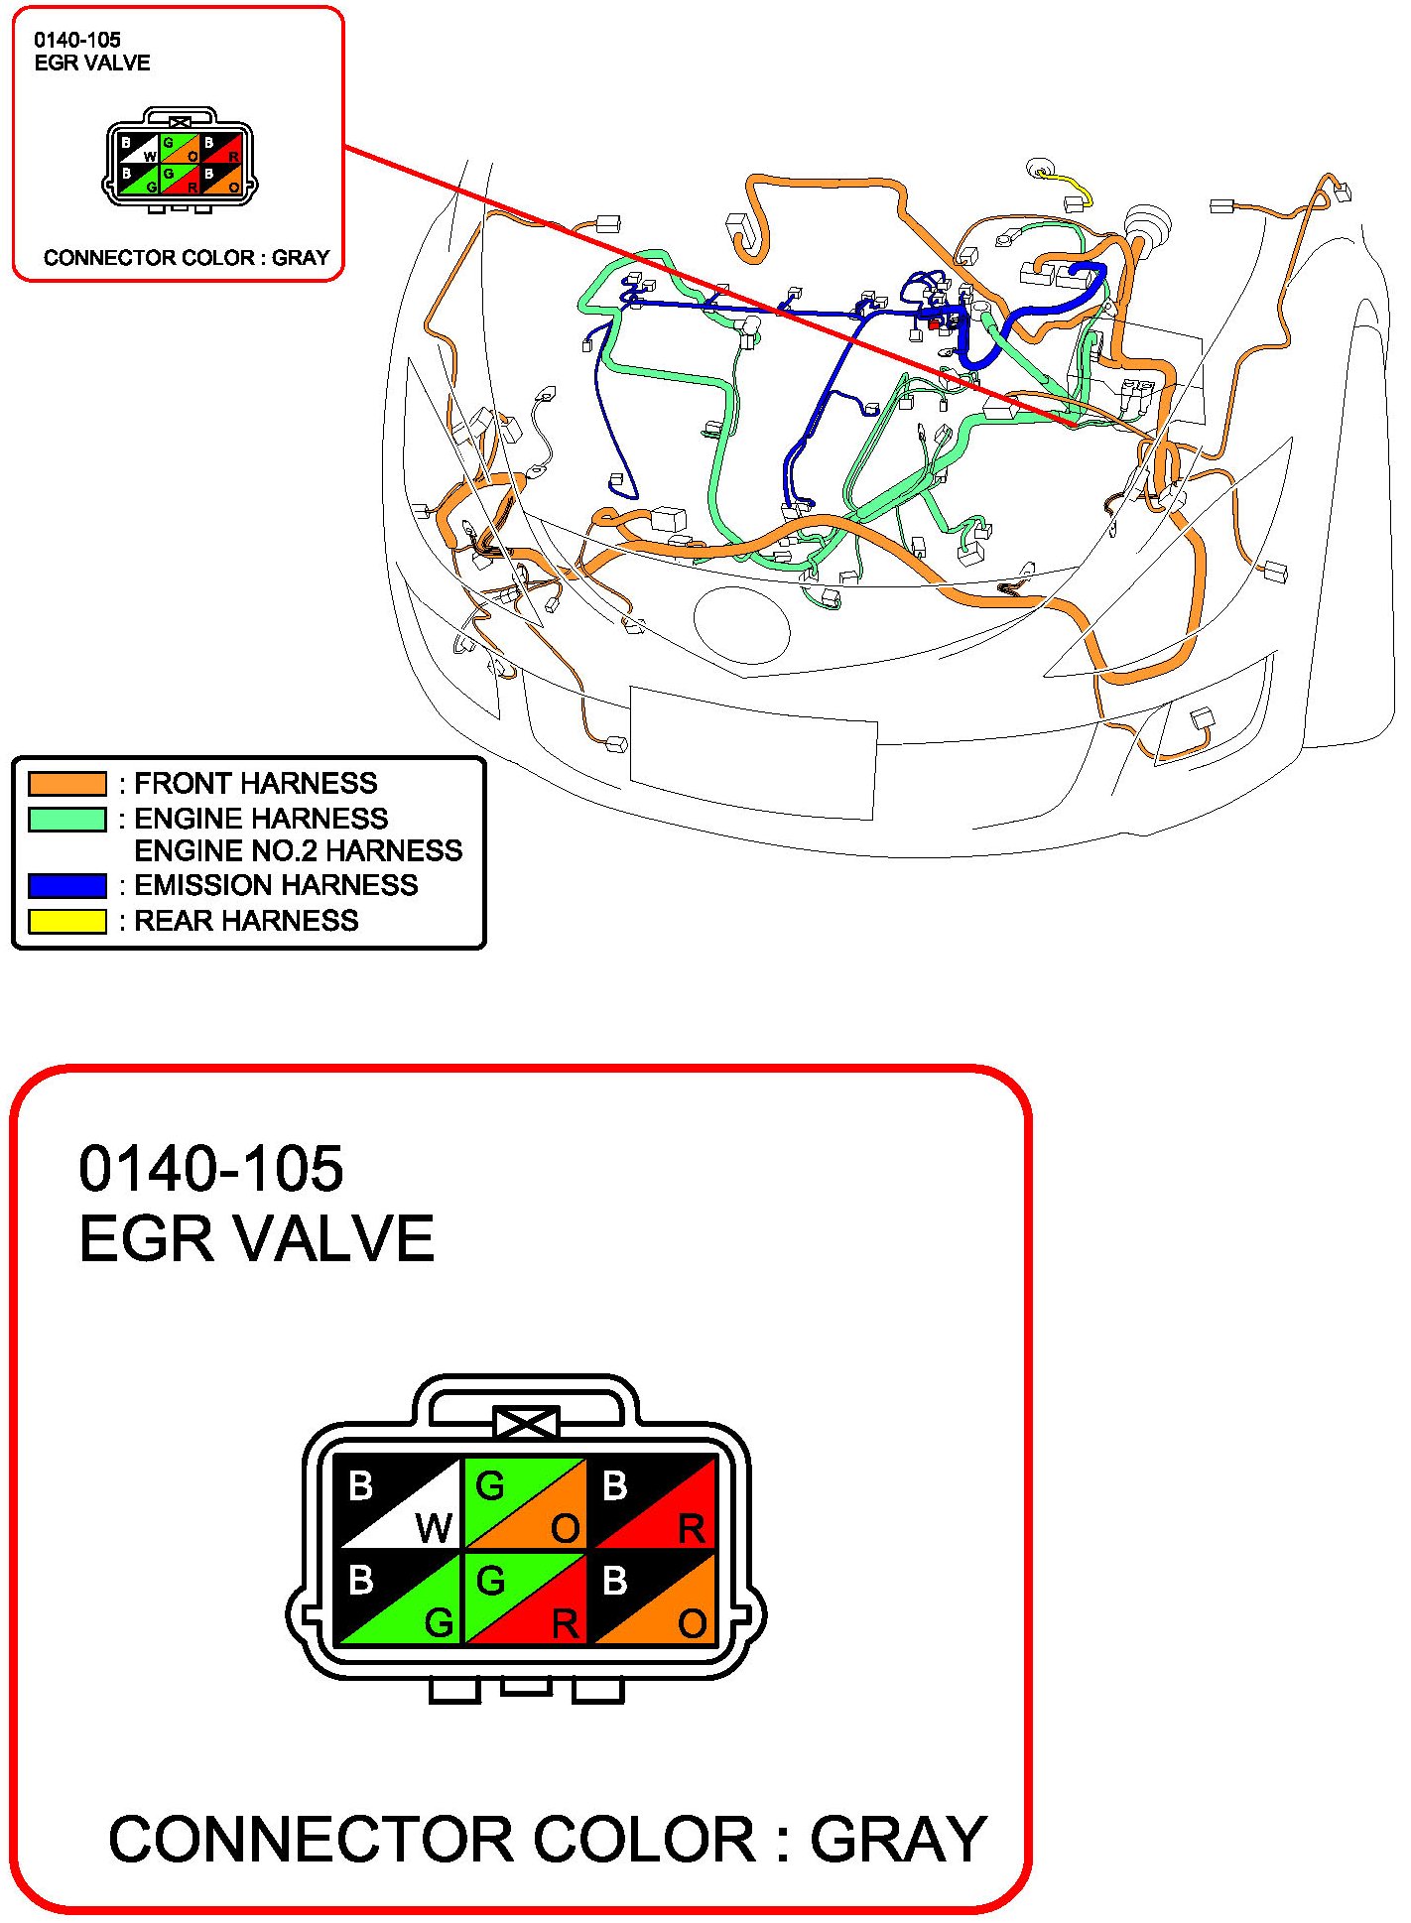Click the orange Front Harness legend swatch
click(67, 784)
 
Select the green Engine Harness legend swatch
click(67, 819)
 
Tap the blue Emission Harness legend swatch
click(67, 885)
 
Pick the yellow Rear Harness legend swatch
click(67, 921)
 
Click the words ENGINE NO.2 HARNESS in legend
click(298, 850)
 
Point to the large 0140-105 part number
click(211, 1168)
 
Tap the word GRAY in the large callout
click(897, 1839)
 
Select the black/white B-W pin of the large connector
click(400, 1502)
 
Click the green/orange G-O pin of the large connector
click(526, 1502)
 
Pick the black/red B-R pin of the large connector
click(653, 1502)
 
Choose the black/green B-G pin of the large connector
click(400, 1598)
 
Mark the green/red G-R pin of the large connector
click(526, 1598)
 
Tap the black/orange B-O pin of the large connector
click(653, 1598)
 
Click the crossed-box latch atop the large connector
click(526, 1423)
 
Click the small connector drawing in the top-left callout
click(180, 159)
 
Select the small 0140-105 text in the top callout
click(77, 40)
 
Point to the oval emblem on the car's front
click(742, 625)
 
